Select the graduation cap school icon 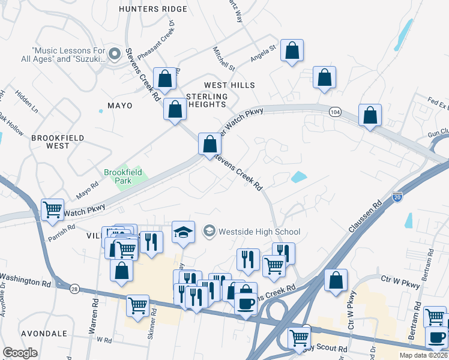(183, 232)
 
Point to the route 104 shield (335, 112)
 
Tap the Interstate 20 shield (397, 196)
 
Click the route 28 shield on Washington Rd (74, 289)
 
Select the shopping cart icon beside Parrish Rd (52, 209)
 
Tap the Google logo (20, 353)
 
